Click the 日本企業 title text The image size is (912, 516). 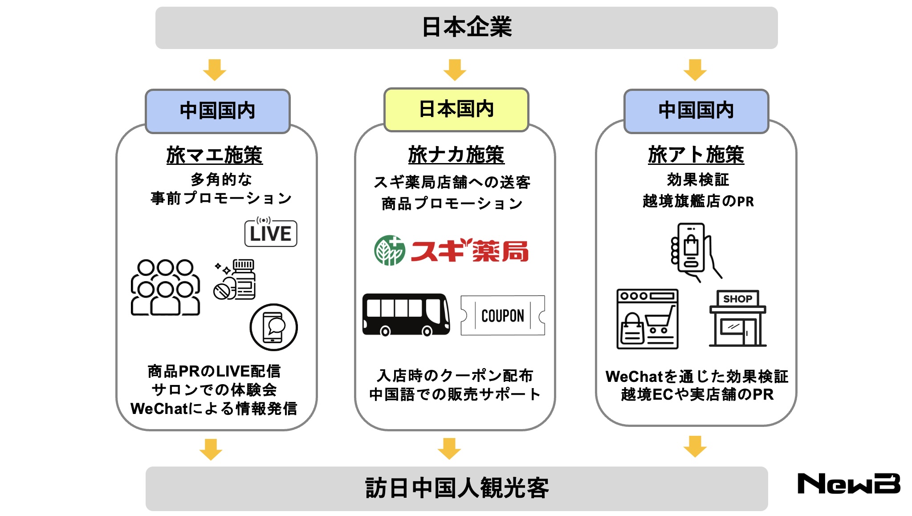[x=466, y=27]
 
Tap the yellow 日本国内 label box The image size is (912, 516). [x=456, y=110]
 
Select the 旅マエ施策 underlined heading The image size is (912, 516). [x=214, y=155]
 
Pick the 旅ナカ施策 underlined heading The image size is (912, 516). [x=456, y=155]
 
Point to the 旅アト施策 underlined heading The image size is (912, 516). [x=696, y=155]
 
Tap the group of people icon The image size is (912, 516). [x=165, y=287]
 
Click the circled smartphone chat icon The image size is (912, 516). [x=273, y=328]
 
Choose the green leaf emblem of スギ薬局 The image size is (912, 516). [x=389, y=250]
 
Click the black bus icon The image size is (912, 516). [x=406, y=315]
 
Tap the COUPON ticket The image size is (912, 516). [x=502, y=315]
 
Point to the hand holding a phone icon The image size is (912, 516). [x=694, y=252]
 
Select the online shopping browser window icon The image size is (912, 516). [x=647, y=319]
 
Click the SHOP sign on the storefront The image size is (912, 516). [x=737, y=299]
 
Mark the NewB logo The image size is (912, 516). [x=848, y=483]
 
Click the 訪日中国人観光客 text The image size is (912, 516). [x=457, y=488]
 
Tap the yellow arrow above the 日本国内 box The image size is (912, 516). [x=455, y=70]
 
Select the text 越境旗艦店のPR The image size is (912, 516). [x=698, y=201]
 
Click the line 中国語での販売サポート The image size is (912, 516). [x=455, y=394]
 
